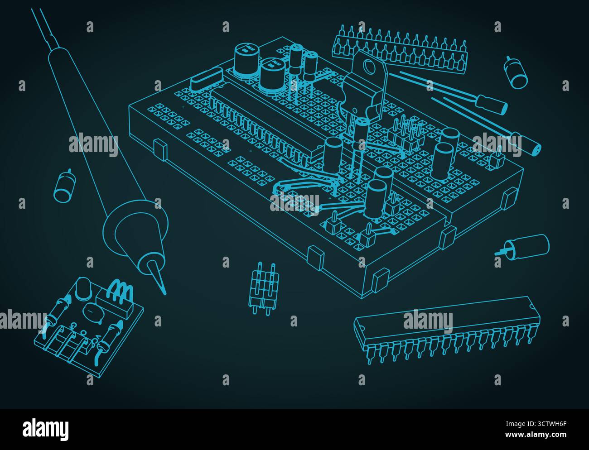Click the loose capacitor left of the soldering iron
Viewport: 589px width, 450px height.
63,186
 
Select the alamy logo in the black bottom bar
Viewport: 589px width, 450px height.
46,427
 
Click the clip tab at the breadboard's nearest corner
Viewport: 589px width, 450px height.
380,279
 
